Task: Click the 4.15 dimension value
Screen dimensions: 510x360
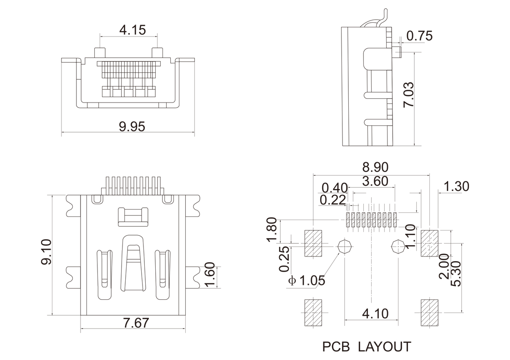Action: pos(133,30)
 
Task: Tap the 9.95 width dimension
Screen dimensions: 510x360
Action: pos(132,126)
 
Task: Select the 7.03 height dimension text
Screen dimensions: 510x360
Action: pos(408,95)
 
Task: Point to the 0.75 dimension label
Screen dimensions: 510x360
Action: pos(419,36)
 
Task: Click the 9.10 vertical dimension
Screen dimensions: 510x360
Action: pos(46,252)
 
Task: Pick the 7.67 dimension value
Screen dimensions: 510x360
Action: pos(136,323)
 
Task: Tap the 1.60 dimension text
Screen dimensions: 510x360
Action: pos(210,275)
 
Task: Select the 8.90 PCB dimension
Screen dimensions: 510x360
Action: pos(375,167)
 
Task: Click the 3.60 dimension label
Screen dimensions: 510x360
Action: pos(375,181)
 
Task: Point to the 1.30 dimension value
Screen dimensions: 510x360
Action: pos(456,186)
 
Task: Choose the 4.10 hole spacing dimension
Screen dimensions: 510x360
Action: pos(375,314)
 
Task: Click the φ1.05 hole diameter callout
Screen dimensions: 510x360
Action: pos(307,280)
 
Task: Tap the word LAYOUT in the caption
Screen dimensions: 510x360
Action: pos(385,347)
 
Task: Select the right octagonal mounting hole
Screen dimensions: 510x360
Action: pos(398,246)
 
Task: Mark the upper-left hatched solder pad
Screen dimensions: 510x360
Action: pos(313,243)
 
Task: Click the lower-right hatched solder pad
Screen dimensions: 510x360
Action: pos(429,313)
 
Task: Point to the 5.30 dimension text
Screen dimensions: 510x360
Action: pos(456,273)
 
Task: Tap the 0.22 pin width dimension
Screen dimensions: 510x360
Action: pos(333,200)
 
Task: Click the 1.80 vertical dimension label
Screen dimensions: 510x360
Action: pos(272,230)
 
